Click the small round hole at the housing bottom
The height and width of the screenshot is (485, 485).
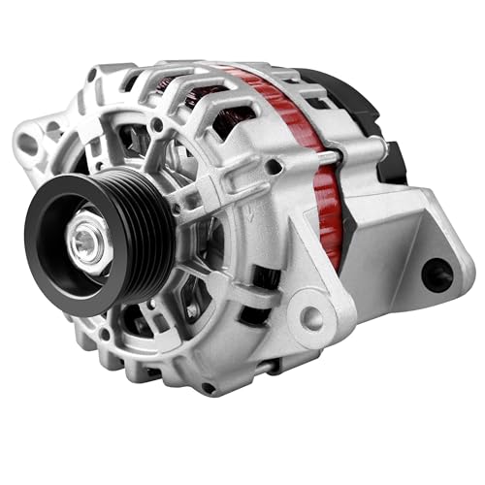pos(205,387)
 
